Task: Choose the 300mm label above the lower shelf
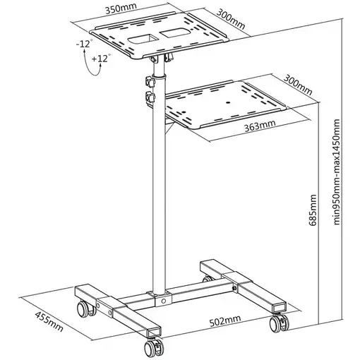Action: (298, 85)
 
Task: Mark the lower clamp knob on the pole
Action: (150, 98)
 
